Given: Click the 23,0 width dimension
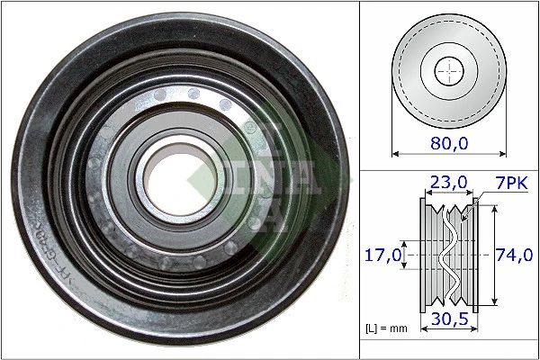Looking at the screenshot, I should point(447,182).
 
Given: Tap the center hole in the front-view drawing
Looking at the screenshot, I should point(447,70).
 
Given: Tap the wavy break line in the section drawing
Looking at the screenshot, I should point(447,256).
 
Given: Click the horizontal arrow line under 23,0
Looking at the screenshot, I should point(447,192).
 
